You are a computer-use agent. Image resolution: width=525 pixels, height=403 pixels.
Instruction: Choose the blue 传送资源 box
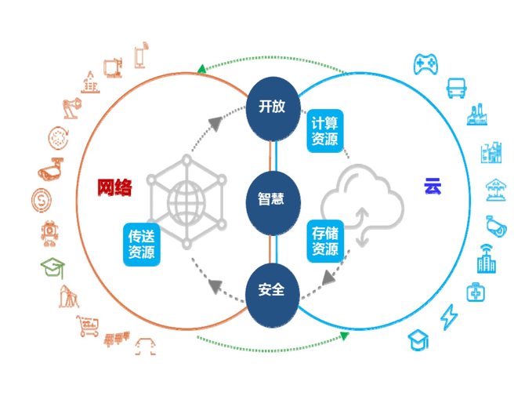(x=141, y=244)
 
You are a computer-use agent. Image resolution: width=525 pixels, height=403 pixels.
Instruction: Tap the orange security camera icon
(x=49, y=170)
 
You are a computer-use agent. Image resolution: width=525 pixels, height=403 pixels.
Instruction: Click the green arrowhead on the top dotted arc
(x=202, y=68)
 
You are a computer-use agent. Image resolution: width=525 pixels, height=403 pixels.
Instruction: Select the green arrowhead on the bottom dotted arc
(x=344, y=336)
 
